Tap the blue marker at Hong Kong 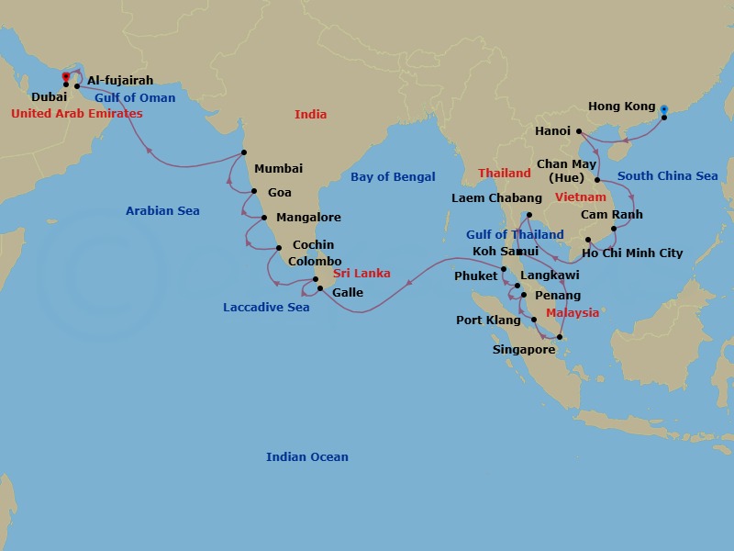(x=664, y=107)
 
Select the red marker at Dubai (x=65, y=76)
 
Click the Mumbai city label (x=278, y=169)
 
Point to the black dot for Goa (x=254, y=191)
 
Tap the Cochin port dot (x=278, y=247)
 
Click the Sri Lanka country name (x=361, y=274)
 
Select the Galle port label (x=348, y=293)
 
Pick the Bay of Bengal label (x=393, y=177)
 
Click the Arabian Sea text (x=162, y=211)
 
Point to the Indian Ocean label (x=307, y=457)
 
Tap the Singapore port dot (x=560, y=337)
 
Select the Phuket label (x=475, y=276)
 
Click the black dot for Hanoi (x=579, y=131)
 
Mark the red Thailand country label (x=505, y=174)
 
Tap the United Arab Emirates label (x=77, y=114)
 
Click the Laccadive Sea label (x=266, y=308)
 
